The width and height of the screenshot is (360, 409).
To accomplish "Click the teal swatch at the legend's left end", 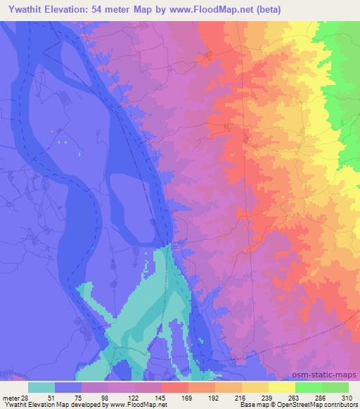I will pos(42,387).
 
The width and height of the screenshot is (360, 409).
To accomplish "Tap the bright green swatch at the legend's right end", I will pos(335,387).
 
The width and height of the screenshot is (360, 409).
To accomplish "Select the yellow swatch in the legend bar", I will pos(282,387).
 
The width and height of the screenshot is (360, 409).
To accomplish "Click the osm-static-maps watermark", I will pos(330,374).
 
